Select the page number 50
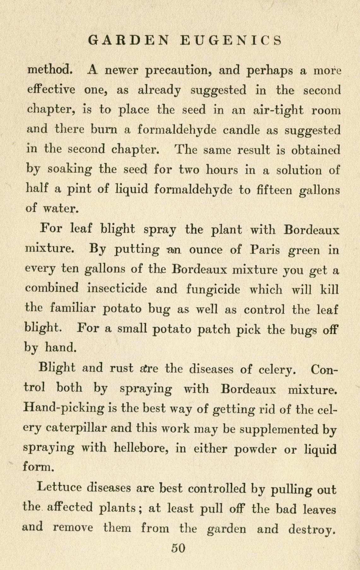coord(178,548)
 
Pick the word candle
coord(242,130)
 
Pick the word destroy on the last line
coord(310,529)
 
